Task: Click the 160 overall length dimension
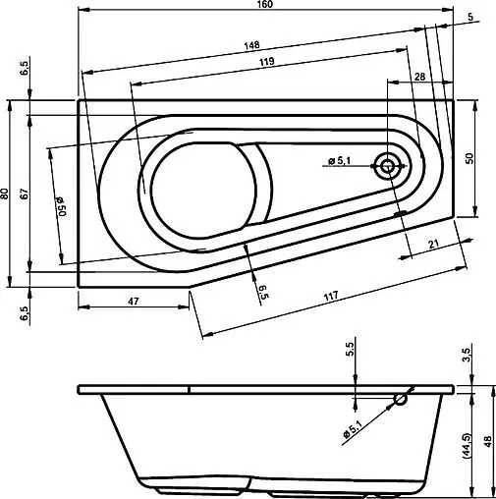click(267, 5)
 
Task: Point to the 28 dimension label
click(419, 77)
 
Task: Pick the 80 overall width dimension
click(7, 194)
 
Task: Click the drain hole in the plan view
click(388, 166)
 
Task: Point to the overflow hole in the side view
click(400, 399)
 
